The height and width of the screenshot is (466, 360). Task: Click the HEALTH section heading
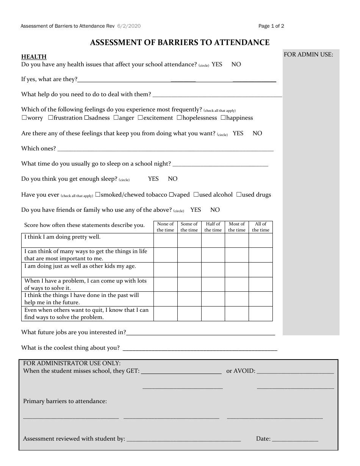click(34, 57)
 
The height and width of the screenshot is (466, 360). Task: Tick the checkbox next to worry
click(24, 118)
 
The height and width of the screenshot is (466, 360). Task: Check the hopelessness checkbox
click(179, 118)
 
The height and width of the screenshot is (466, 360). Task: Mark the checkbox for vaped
click(171, 195)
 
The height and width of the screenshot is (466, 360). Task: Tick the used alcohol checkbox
click(196, 195)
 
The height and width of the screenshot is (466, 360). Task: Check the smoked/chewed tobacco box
click(98, 195)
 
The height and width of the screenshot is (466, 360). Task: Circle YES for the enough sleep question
click(153, 179)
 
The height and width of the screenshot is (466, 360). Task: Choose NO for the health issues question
click(236, 64)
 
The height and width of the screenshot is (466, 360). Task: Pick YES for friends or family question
click(196, 210)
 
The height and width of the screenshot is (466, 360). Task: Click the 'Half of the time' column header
click(213, 227)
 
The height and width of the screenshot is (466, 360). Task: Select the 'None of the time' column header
click(165, 227)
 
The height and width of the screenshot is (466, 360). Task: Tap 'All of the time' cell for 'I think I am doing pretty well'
click(261, 240)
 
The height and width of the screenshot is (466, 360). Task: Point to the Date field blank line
click(295, 441)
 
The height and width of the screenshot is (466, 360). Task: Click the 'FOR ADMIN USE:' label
click(308, 55)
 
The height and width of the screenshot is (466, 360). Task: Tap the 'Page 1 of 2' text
click(271, 26)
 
